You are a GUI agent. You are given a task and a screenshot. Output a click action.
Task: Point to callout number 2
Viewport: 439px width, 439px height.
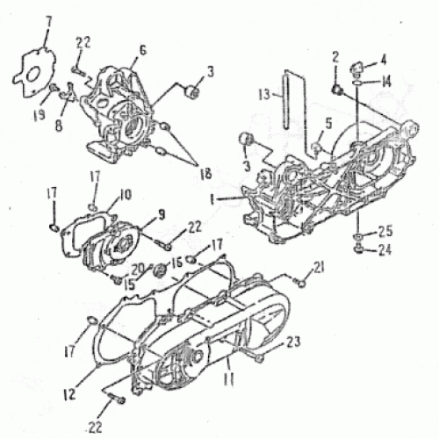(335, 57)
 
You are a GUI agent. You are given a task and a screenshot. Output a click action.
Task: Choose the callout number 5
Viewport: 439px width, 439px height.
(328, 124)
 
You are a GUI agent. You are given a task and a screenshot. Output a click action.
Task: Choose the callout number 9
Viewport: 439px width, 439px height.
(161, 213)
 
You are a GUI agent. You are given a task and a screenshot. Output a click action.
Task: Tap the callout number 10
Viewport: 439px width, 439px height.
(126, 194)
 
